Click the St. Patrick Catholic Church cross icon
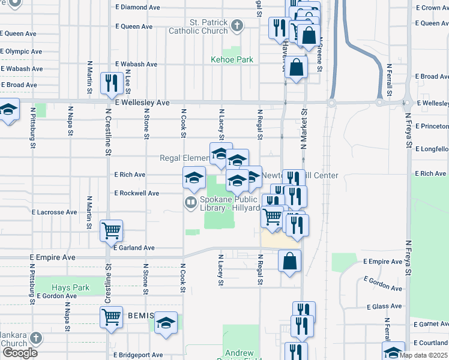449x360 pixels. [238, 26]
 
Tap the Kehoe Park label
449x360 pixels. [232, 60]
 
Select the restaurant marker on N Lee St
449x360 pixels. [112, 83]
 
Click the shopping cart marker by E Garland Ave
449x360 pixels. [112, 230]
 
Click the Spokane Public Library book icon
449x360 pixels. [191, 203]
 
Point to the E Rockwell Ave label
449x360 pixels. [137, 193]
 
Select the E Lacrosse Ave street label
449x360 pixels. [54, 212]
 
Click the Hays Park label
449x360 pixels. [70, 288]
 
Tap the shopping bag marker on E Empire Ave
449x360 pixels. [289, 261]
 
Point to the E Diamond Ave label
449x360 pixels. [138, 8]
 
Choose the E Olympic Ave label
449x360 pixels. [21, 52]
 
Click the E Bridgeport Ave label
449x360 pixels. [138, 355]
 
